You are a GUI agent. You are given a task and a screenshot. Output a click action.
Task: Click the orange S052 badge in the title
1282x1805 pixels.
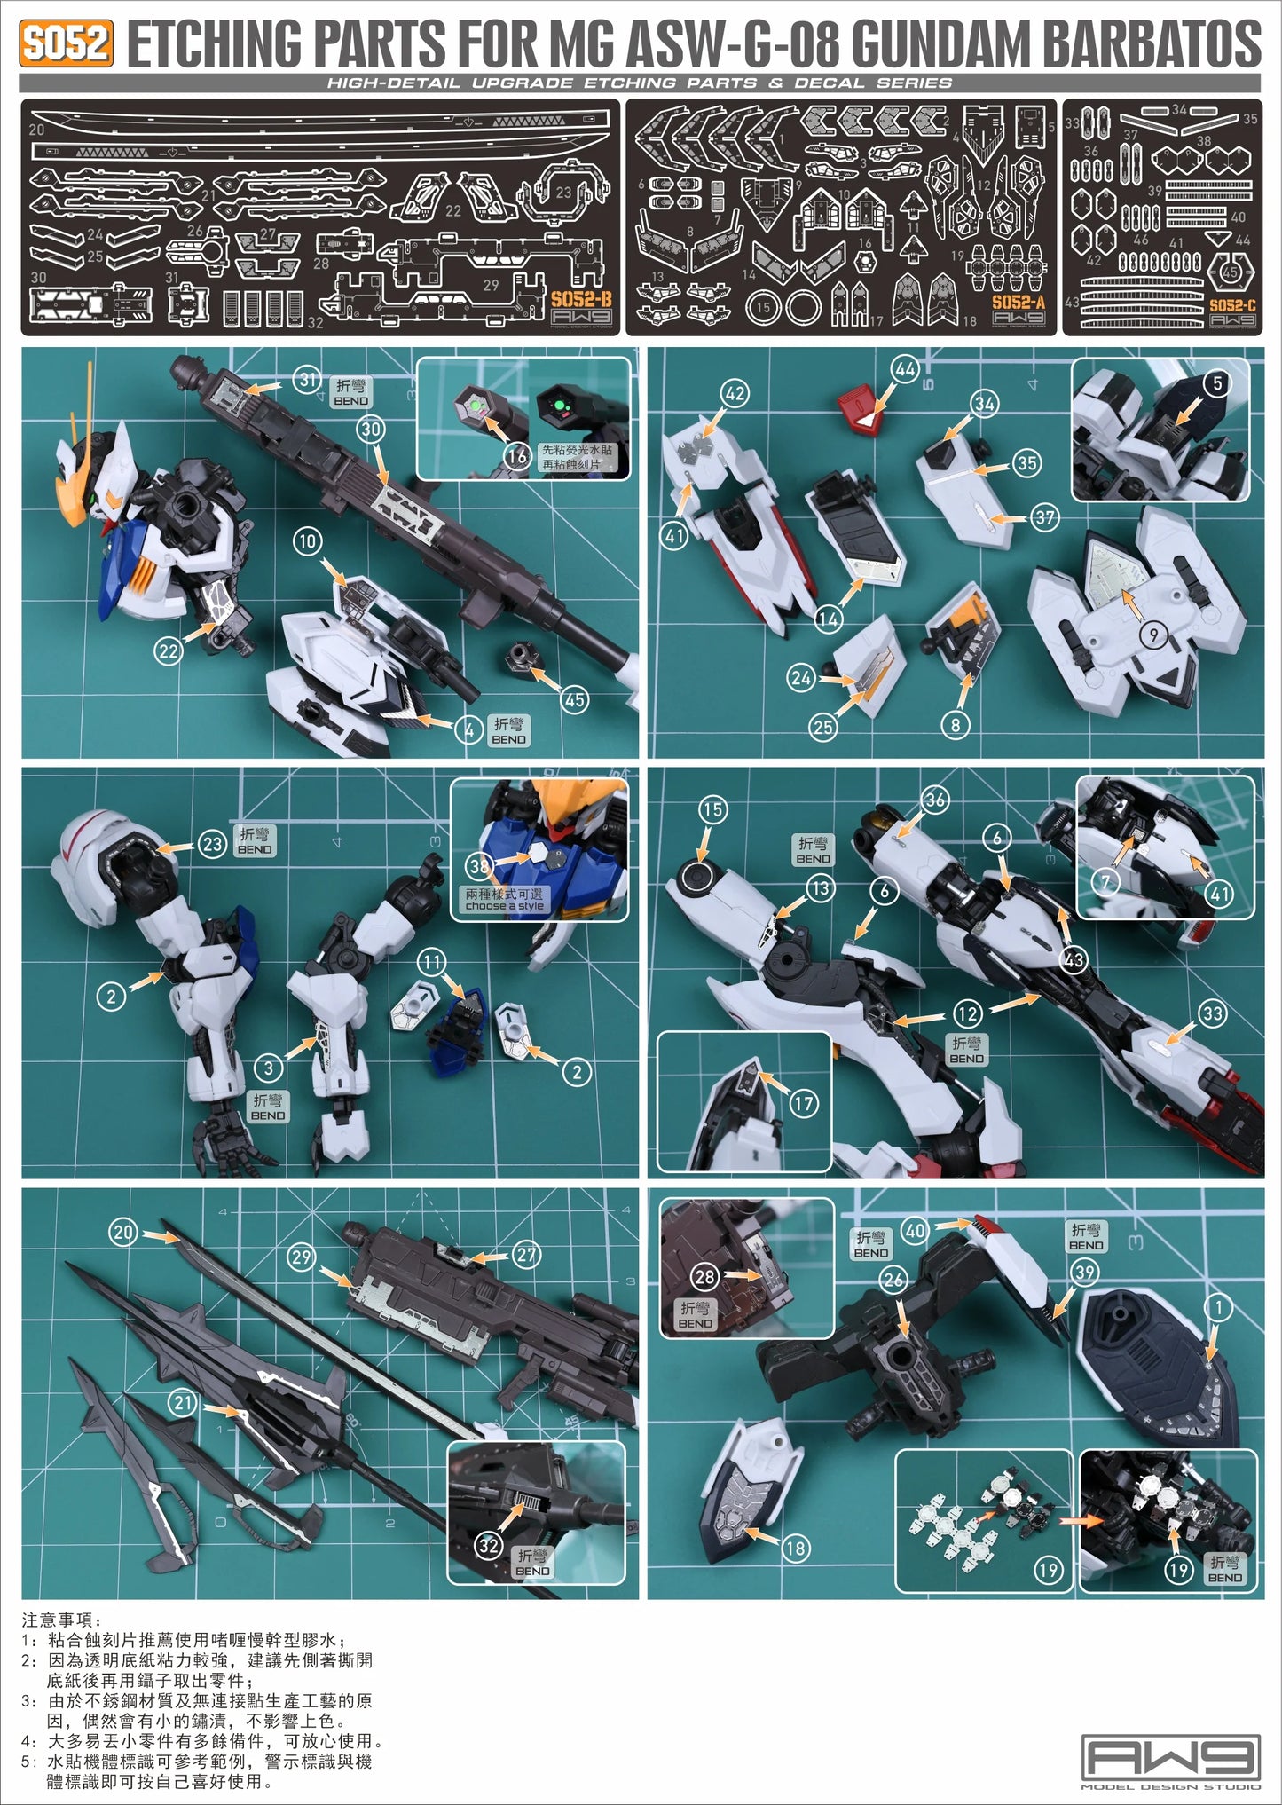point(66,43)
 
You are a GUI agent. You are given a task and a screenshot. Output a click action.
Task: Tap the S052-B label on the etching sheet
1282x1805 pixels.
point(580,299)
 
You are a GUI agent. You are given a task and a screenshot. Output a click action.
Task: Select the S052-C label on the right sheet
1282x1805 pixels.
point(1232,304)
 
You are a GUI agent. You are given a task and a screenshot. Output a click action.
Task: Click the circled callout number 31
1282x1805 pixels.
point(307,382)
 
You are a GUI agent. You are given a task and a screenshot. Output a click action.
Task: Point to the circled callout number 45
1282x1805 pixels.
point(575,699)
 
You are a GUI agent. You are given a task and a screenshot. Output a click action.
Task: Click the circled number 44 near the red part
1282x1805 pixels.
point(906,369)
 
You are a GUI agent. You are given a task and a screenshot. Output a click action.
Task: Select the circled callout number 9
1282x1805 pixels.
point(1152,635)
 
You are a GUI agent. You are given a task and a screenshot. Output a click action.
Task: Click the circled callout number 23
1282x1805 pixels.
point(212,844)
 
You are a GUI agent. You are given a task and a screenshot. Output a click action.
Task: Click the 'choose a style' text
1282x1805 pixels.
point(504,906)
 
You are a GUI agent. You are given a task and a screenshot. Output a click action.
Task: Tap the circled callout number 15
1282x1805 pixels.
point(712,809)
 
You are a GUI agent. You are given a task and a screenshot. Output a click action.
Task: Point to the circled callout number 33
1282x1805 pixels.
point(1212,1013)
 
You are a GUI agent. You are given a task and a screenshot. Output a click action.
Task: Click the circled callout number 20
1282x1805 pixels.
point(123,1232)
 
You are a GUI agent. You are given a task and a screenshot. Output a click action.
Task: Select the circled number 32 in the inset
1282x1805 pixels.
point(489,1545)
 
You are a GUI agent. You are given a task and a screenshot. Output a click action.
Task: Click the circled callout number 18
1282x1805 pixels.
point(796,1548)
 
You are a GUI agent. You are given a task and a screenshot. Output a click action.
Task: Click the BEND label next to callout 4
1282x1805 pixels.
point(508,732)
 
